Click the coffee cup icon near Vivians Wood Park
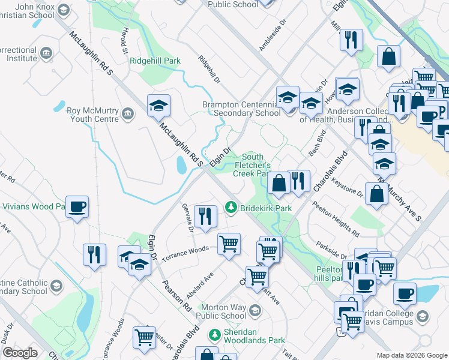coord(77,207)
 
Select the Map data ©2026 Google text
coord(411,355)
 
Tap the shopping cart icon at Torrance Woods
coord(229,244)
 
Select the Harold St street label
coord(122,40)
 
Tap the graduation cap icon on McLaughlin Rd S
coord(159,106)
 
